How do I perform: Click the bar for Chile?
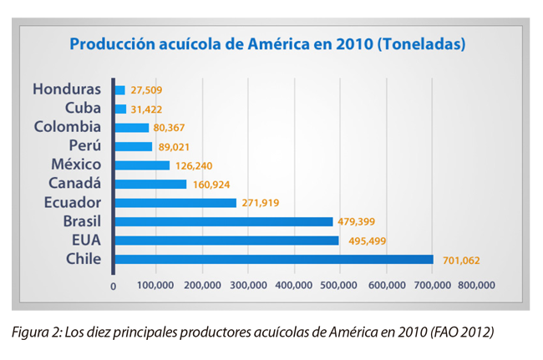[273, 259]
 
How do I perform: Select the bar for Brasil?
[223, 221]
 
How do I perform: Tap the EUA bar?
[226, 241]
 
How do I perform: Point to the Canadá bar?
[150, 184]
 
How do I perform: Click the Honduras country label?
[68, 89]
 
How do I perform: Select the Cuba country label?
[83, 108]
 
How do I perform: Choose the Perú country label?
[84, 146]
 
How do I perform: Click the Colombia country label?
[68, 127]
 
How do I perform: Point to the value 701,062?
[461, 260]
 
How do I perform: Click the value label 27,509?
[147, 90]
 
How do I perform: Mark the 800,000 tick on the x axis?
[478, 286]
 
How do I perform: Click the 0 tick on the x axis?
[114, 286]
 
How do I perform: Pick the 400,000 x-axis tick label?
[295, 286]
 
